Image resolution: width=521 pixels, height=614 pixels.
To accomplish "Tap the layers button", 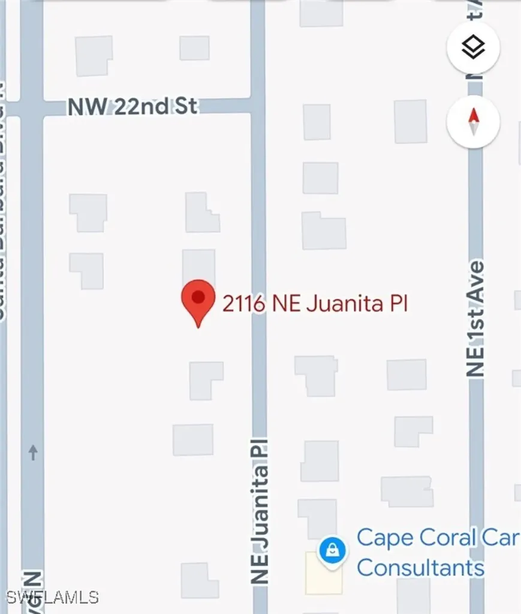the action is pyautogui.click(x=473, y=47).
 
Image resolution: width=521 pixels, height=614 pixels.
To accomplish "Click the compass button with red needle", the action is pyautogui.click(x=473, y=122).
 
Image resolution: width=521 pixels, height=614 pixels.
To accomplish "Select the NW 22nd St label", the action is pyautogui.click(x=132, y=107).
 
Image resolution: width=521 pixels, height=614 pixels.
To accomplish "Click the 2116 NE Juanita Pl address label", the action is pyautogui.click(x=315, y=304).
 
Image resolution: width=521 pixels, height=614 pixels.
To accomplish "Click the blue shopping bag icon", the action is pyautogui.click(x=331, y=549).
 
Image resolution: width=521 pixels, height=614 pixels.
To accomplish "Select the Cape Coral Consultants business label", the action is pyautogui.click(x=436, y=552).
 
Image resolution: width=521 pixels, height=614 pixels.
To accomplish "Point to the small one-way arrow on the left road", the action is pyautogui.click(x=33, y=452).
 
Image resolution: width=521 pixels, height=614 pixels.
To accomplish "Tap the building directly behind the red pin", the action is pyautogui.click(x=198, y=267).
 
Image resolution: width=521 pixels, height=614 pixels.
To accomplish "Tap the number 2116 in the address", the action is pyautogui.click(x=243, y=304).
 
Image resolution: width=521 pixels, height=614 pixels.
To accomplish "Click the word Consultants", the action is pyautogui.click(x=420, y=567).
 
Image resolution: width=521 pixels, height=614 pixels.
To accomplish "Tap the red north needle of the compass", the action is pyautogui.click(x=473, y=115).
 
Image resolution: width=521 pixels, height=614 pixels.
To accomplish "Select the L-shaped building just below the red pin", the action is pyautogui.click(x=206, y=380).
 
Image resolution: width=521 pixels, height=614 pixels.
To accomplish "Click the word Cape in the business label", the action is pyautogui.click(x=384, y=538).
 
